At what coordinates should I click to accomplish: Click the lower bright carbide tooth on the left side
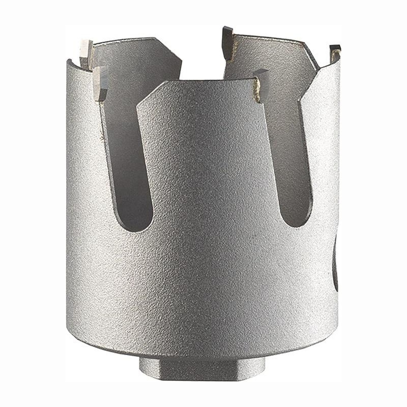pos(100,84)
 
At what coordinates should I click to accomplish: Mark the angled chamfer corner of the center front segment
pos(150,93)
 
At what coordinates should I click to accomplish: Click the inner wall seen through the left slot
pos(127,153)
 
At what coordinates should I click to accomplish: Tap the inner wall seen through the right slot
pos(290,153)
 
